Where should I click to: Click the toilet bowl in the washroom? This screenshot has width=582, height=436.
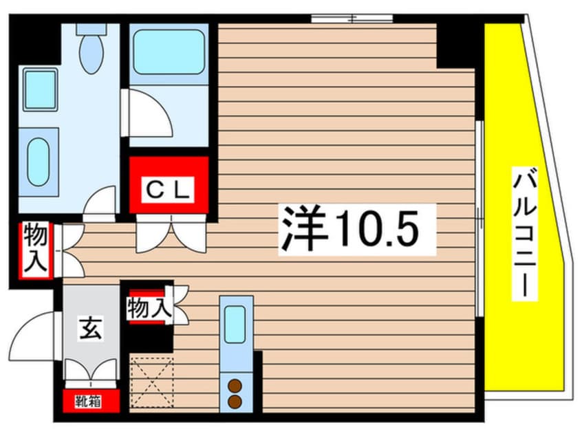click(x=91, y=54)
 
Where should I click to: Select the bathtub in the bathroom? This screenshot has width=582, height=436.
click(x=169, y=52)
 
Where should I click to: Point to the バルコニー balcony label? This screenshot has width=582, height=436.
click(x=525, y=233)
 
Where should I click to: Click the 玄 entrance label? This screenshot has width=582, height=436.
click(x=90, y=328)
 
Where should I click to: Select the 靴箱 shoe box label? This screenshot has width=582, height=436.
click(x=88, y=401)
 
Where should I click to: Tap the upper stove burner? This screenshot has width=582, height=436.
click(x=235, y=386)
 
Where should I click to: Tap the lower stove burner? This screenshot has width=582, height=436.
click(x=235, y=402)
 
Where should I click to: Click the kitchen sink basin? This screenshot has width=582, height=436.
click(x=235, y=325)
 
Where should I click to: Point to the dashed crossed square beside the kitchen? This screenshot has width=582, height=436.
click(x=152, y=382)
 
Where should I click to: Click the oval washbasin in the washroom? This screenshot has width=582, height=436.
click(x=39, y=162)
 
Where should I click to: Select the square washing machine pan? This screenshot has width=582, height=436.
click(x=40, y=90)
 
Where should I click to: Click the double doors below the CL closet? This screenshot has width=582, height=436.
click(x=171, y=234)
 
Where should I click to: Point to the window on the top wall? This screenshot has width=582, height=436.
click(x=352, y=18)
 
